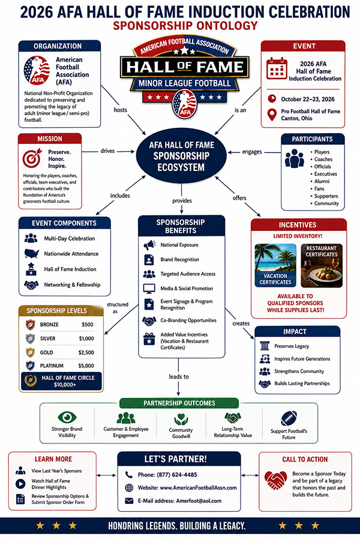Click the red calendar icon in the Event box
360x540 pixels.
pyautogui.click(x=277, y=68)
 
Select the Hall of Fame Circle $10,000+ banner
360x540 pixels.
pyautogui.click(x=61, y=381)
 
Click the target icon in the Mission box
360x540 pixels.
pyautogui.click(x=32, y=158)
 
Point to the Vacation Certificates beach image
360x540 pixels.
pyautogui.click(x=275, y=266)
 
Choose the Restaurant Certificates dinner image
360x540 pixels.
pyautogui.click(x=322, y=266)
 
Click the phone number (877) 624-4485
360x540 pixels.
pyautogui.click(x=177, y=475)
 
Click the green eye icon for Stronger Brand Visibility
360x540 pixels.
pyautogui.click(x=67, y=417)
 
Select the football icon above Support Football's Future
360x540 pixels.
pyautogui.click(x=289, y=418)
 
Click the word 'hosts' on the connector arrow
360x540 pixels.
pyautogui.click(x=120, y=110)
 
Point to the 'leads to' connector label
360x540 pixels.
pyautogui.click(x=179, y=376)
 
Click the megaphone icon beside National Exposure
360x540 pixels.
pyautogui.click(x=149, y=245)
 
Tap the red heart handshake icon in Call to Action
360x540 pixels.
pyautogui.click(x=275, y=480)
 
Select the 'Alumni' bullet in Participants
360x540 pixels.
pyautogui.click(x=322, y=181)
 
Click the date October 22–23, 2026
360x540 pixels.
pyautogui.click(x=308, y=99)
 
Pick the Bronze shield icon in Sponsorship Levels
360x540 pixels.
pyautogui.click(x=31, y=325)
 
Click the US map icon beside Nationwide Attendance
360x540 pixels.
pyautogui.click(x=31, y=253)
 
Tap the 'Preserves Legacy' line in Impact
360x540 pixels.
pyautogui.click(x=292, y=346)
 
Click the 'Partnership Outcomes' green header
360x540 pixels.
pyautogui.click(x=179, y=403)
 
